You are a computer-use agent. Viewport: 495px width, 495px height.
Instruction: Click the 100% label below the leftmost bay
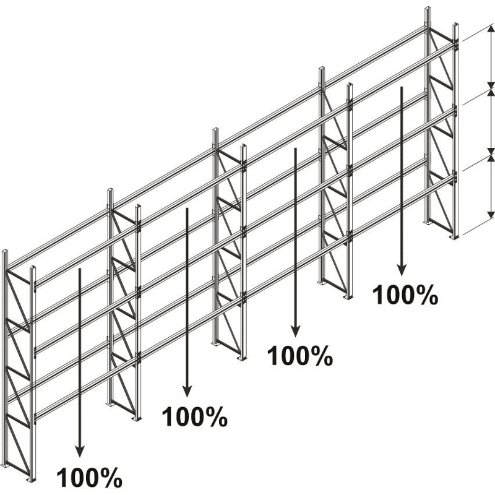coord(89,477)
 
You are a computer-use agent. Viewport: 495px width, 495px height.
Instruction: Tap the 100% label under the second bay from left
coord(194,416)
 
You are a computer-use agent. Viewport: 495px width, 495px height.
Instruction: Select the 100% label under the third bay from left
coord(300,356)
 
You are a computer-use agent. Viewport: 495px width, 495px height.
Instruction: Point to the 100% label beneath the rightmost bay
coord(405,295)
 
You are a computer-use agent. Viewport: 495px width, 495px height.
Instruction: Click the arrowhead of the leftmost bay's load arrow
coord(80,452)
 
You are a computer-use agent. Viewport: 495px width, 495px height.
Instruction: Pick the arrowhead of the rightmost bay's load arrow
coord(401,270)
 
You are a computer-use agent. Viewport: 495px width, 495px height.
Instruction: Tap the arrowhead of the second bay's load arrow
coord(187,392)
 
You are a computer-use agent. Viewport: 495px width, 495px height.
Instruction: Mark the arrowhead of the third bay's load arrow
coord(295,332)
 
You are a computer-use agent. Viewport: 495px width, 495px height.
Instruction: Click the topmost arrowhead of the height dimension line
coord(491,28)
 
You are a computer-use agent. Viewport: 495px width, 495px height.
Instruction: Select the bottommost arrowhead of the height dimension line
coord(491,215)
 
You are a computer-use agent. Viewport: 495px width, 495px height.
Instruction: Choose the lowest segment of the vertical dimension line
coord(491,186)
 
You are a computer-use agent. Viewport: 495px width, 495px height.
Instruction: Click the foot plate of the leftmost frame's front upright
coord(32,480)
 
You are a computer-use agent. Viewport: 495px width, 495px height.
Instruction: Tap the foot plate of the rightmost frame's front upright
coord(454,237)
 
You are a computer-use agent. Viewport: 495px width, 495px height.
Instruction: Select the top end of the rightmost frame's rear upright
coord(428,9)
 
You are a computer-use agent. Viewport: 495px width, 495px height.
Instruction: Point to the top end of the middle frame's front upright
coord(244,146)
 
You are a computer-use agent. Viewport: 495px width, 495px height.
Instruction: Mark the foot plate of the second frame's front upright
coord(137,419)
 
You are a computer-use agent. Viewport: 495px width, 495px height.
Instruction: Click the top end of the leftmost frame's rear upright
coord(5,251)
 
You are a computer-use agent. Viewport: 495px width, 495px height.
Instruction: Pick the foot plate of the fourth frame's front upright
coord(348,297)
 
